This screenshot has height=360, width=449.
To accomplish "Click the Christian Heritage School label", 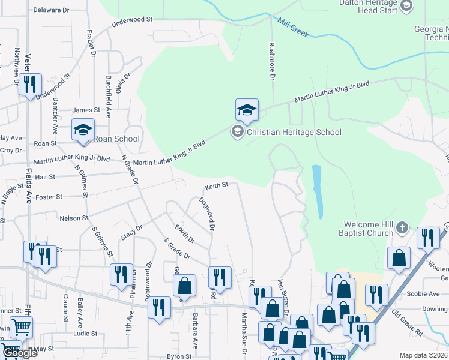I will (294, 133).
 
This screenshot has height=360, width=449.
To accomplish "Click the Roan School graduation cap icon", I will (83, 129).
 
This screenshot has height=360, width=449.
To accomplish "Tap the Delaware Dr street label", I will (52, 10).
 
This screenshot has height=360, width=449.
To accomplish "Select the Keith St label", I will (217, 185).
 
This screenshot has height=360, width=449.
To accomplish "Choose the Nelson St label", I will (74, 218).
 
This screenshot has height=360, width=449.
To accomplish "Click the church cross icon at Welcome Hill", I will (402, 228).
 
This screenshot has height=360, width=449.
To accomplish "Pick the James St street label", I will (86, 110).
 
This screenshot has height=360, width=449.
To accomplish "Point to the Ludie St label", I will (86, 334).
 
